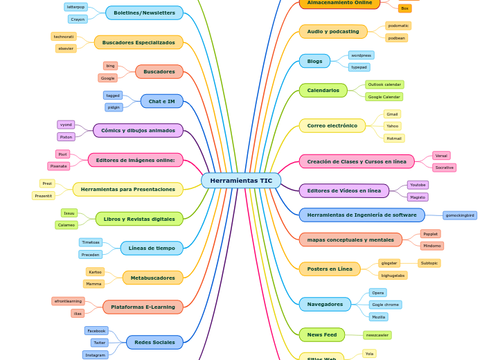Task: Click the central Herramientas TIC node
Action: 241,181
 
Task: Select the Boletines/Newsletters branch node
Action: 144,12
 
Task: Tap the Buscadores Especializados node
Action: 139,42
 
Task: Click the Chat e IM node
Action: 161,101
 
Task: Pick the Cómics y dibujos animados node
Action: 138,130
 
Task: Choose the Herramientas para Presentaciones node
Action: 127,189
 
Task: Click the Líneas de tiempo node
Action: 151,248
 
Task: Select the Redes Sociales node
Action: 154,342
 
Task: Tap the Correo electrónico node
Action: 332,125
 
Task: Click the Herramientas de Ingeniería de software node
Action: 361,215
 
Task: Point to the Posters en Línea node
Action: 330,269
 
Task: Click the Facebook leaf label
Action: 96,331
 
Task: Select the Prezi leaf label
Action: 47,183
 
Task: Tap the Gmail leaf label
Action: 392,114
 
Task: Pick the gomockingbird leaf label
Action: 460,215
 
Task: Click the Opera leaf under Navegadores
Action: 377,293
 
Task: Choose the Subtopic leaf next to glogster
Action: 429,263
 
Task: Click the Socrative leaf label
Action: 444,168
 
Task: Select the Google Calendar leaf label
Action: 384,97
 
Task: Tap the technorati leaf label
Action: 64,36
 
